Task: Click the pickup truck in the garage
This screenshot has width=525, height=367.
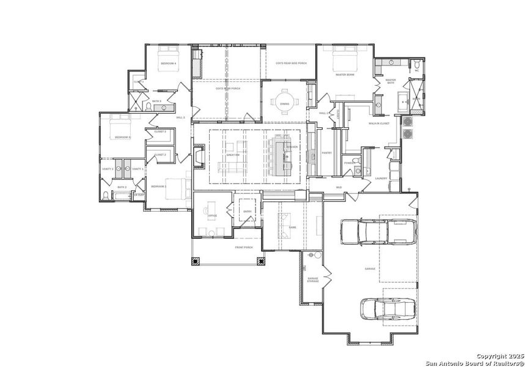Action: coord(380,232)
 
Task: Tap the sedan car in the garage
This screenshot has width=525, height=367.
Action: coord(387,308)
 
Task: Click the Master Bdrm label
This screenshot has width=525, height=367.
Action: coord(345,75)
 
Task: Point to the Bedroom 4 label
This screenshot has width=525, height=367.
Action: coord(169,64)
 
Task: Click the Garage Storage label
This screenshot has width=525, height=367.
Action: coord(313,280)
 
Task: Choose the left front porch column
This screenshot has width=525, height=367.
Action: coord(196,261)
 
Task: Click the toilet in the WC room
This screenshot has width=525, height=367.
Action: coord(417,64)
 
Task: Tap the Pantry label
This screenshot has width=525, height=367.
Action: coord(327,153)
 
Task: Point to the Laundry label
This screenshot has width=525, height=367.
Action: coord(382,178)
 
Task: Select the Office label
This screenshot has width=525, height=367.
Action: coord(213,216)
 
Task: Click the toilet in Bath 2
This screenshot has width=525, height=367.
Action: coord(106,195)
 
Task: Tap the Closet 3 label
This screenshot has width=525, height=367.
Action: coord(160,132)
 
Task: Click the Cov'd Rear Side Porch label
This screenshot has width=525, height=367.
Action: coord(291,63)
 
